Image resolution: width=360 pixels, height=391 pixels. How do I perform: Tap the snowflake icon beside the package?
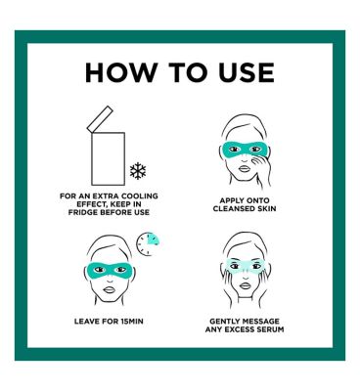tap(138, 171)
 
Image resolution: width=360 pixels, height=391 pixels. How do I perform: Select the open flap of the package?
tap(100, 119)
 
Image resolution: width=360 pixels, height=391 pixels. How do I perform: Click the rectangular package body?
tap(108, 158)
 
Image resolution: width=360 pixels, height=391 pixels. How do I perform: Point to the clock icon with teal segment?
tap(148, 243)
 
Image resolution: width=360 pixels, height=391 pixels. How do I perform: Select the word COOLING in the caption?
tap(140, 196)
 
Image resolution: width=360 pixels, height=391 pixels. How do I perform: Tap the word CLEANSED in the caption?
tap(232, 208)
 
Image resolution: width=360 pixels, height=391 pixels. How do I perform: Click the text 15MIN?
tap(132, 322)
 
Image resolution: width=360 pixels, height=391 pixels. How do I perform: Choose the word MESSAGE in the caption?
tap(259, 322)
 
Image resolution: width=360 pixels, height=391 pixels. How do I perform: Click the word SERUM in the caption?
tap(270, 329)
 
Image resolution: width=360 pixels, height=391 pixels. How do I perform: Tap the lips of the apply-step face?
tap(245, 169)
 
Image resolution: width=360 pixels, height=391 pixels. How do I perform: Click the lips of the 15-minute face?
tap(110, 289)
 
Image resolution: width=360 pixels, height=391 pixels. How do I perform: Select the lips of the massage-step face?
tap(245, 286)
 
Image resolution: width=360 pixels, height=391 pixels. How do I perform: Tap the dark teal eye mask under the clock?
tap(110, 269)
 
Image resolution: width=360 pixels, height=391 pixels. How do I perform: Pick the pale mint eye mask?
tap(245, 266)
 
